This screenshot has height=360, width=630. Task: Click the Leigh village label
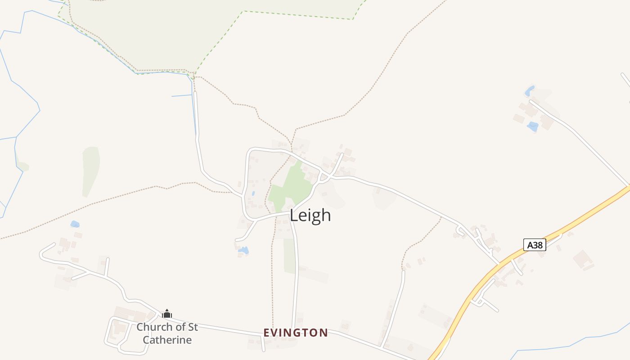[310, 215]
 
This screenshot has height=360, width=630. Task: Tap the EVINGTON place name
[296, 333]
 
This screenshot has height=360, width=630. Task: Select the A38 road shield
[535, 245]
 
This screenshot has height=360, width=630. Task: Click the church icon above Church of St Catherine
[167, 314]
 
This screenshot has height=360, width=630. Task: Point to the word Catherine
[167, 340]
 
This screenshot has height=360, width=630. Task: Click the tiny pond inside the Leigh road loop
[253, 194]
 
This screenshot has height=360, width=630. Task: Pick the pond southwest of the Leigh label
[243, 250]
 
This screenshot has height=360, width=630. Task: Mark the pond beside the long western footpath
[75, 224]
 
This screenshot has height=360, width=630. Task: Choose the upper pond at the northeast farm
[530, 91]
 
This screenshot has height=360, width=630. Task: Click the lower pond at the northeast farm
[533, 126]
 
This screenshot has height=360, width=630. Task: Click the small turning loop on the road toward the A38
[460, 231]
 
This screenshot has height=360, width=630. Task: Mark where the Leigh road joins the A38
[499, 264]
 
